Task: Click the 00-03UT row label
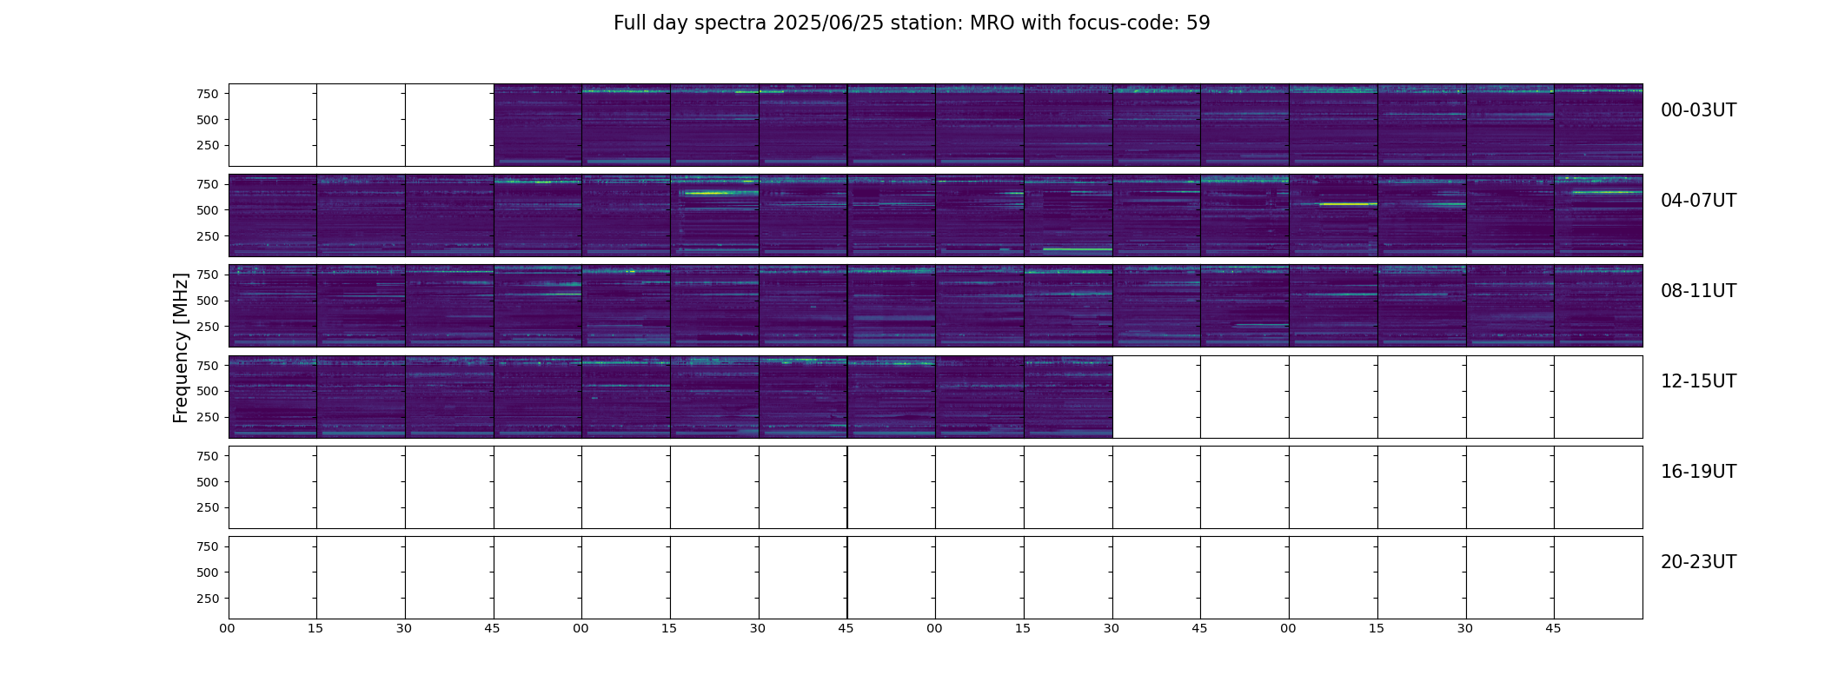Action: [1698, 110]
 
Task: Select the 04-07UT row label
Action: [1698, 201]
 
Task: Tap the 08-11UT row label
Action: [1698, 291]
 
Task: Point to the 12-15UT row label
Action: [1698, 381]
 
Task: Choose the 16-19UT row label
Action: [1698, 472]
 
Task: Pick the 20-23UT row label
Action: [1698, 562]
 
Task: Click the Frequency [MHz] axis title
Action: [181, 347]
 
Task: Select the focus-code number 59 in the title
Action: [1198, 23]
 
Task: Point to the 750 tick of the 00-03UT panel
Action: [209, 94]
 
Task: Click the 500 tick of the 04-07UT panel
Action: [209, 210]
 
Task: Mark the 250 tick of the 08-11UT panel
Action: [209, 327]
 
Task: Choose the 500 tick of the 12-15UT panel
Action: [209, 391]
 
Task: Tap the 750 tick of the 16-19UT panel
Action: [209, 456]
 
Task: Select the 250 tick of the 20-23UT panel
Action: [209, 599]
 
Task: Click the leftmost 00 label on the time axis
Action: [227, 628]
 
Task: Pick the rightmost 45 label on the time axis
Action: [1553, 628]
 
